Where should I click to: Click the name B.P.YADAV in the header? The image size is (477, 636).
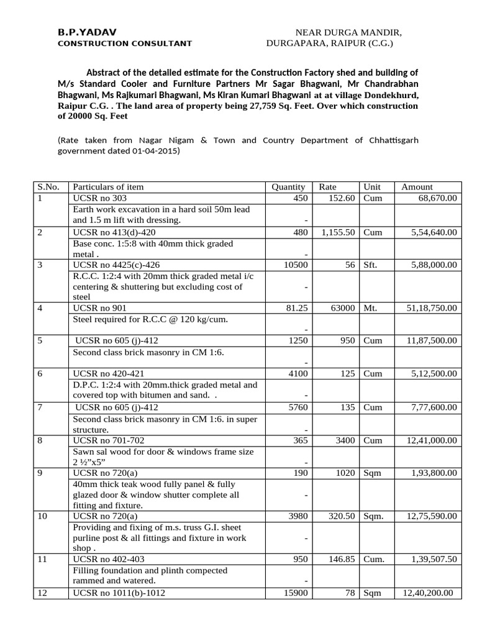[86, 32]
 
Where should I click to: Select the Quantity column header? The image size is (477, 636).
[288, 186]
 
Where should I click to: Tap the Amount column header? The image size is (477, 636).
[417, 186]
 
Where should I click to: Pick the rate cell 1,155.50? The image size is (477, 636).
[338, 232]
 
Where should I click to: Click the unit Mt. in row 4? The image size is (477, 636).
[371, 307]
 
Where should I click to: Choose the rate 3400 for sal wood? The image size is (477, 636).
[345, 440]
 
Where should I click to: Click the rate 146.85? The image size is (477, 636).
[342, 559]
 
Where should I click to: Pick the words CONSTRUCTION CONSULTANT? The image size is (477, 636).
[125, 43]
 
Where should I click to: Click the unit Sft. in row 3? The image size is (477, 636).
[371, 265]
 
